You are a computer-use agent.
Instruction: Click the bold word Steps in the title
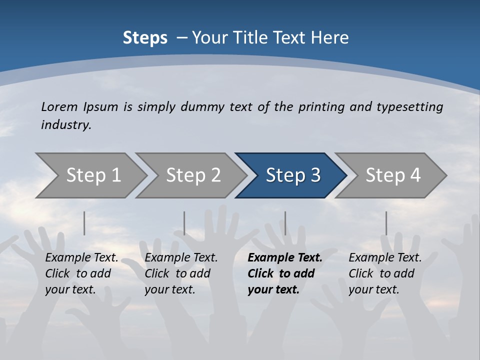pos(145,38)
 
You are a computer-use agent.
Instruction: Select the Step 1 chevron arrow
pos(93,175)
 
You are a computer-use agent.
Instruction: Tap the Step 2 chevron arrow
pos(193,175)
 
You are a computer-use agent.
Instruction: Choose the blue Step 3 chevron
pos(293,175)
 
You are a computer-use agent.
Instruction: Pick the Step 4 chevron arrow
pos(393,175)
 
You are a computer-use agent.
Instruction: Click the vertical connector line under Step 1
pos(84,223)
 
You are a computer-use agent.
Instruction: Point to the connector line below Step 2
pos(184,223)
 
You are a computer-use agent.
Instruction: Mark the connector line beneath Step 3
pos(285,223)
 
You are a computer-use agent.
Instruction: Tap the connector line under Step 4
pos(386,223)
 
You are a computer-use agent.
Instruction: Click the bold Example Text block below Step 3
pos(285,273)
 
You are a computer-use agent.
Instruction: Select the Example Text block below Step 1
pos(81,273)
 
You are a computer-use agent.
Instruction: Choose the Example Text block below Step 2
pos(181,273)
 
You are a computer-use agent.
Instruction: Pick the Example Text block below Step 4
pos(385,273)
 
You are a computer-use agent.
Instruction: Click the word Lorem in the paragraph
pos(59,106)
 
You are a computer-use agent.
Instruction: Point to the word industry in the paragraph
pos(66,125)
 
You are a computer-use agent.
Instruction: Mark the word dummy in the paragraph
pos(202,106)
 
